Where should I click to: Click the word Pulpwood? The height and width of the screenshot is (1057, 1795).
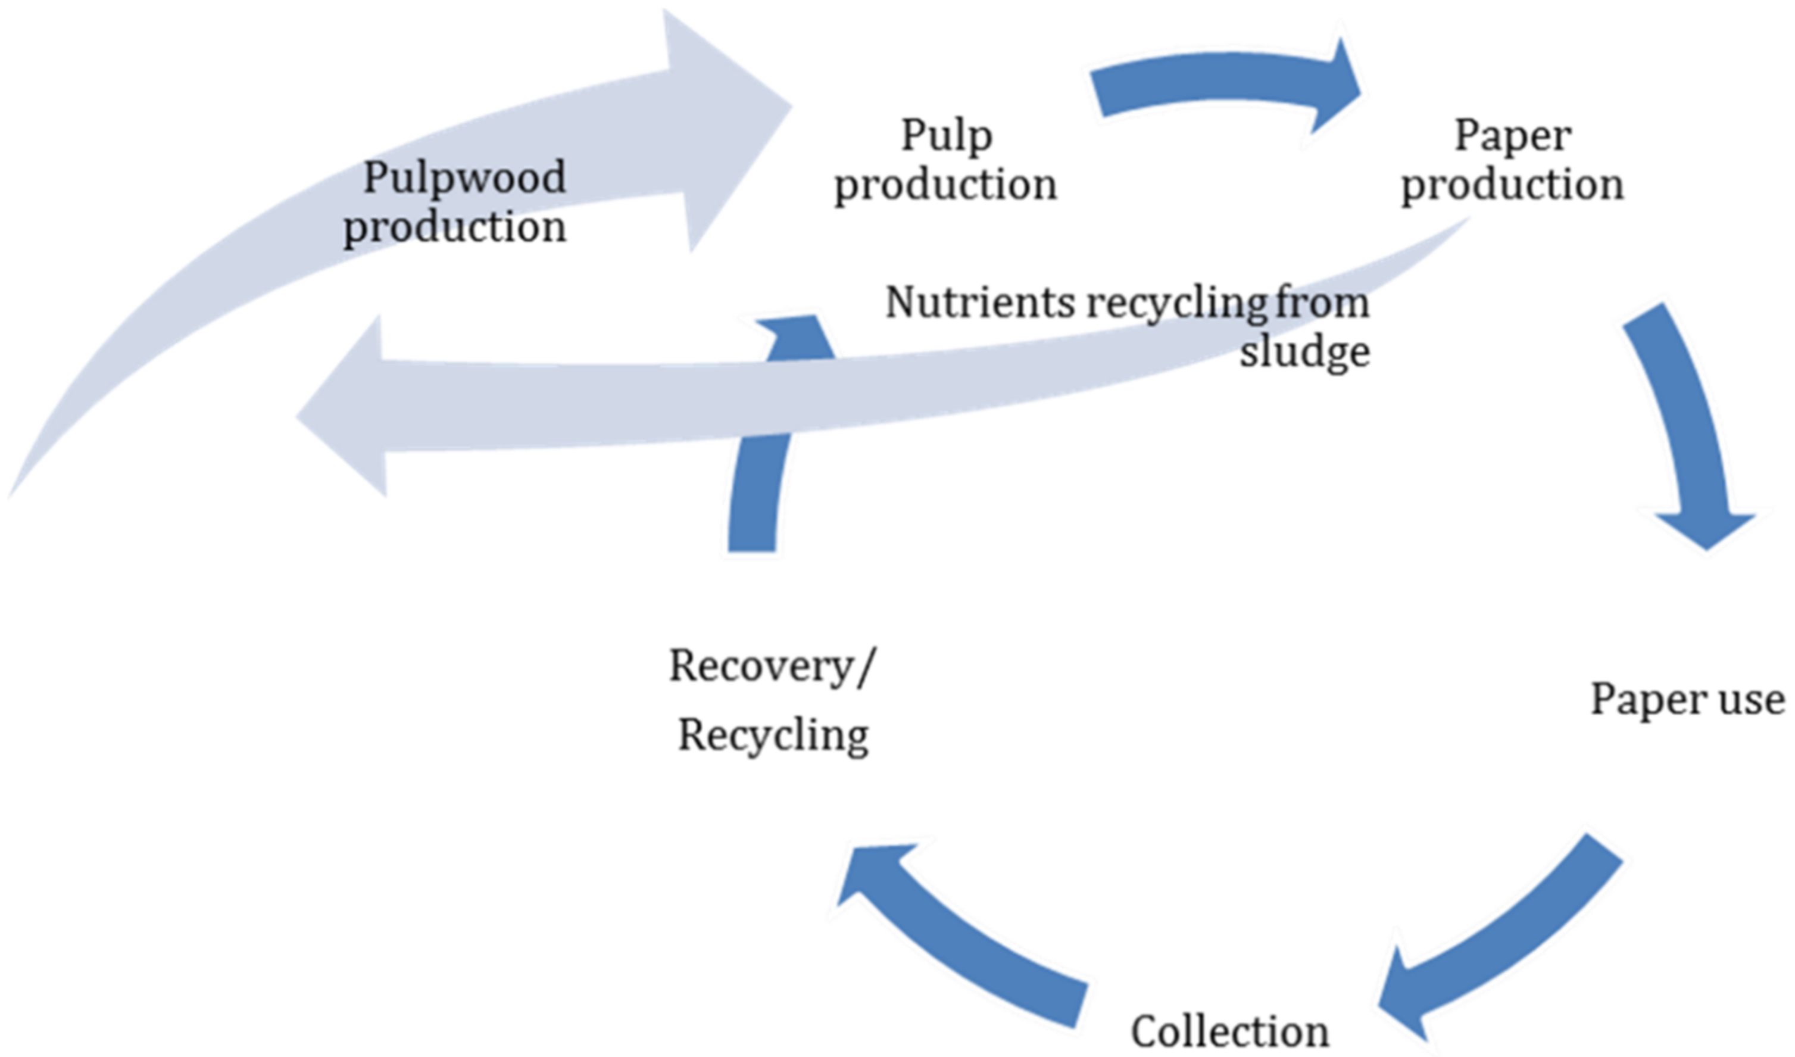[464, 177]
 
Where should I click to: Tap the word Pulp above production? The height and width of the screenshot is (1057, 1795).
[946, 135]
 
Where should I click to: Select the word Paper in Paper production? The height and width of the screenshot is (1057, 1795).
[1512, 135]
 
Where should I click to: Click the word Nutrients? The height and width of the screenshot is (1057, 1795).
[979, 303]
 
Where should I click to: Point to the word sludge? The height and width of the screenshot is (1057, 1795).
[1304, 352]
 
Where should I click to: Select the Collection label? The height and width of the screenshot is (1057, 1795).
[1229, 1031]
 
